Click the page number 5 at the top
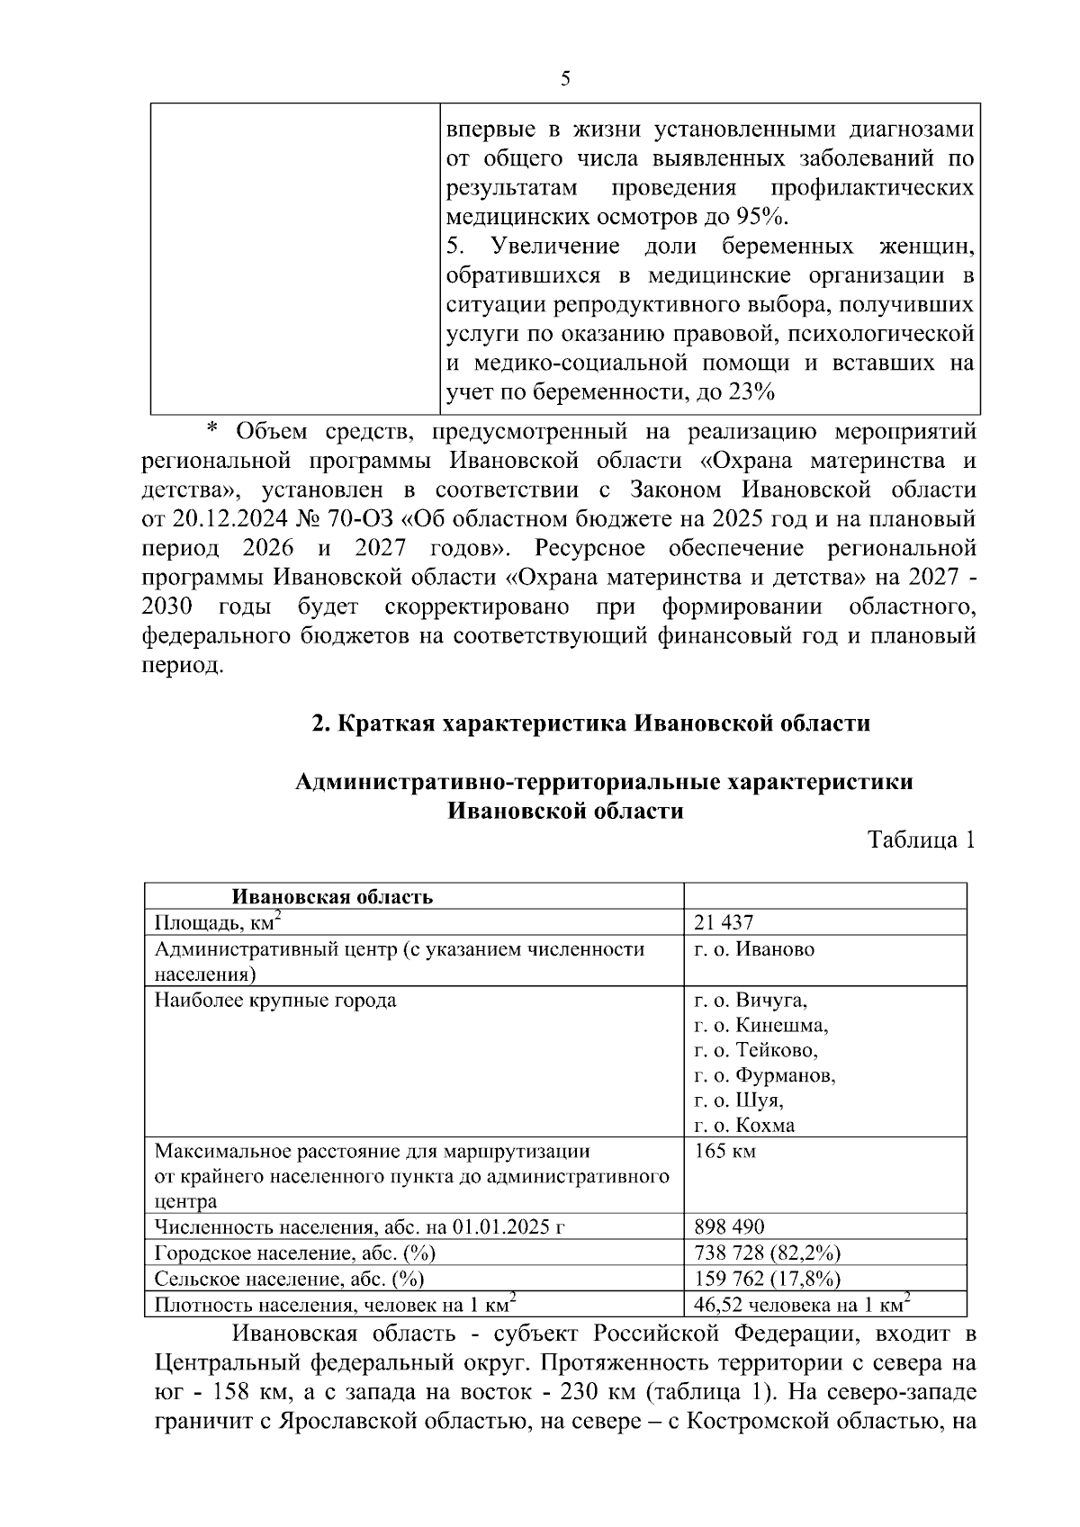pos(565,79)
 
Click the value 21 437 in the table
pos(724,922)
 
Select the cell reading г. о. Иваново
pos(754,949)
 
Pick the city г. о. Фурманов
pos(765,1076)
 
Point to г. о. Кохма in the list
pos(744,1126)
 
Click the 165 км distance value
pos(724,1151)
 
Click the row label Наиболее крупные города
pos(275,1001)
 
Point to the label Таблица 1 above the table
pos(921,840)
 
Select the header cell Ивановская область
pos(332,897)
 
